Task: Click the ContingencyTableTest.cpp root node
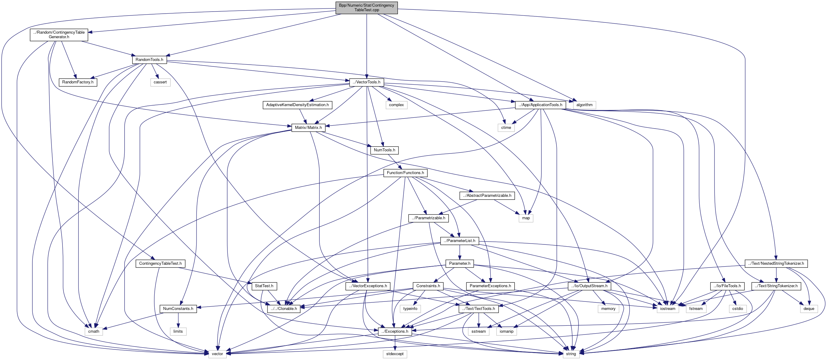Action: point(366,8)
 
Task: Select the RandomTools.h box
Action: point(149,60)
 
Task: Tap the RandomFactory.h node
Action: point(78,82)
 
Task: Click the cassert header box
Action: point(160,82)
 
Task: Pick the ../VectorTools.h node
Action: point(366,82)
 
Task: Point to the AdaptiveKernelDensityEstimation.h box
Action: point(297,105)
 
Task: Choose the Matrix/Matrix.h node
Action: point(308,127)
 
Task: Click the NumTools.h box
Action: point(384,150)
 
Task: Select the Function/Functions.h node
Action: point(405,173)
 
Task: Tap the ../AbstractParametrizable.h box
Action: point(487,196)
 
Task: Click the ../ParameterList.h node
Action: point(459,241)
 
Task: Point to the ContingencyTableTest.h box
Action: point(160,264)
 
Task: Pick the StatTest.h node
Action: point(264,286)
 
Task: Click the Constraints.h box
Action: point(428,286)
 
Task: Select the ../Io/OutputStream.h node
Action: point(589,286)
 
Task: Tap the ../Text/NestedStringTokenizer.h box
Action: point(776,264)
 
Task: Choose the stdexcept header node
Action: point(395,354)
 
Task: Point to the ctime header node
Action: point(506,127)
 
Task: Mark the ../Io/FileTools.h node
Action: point(727,286)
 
